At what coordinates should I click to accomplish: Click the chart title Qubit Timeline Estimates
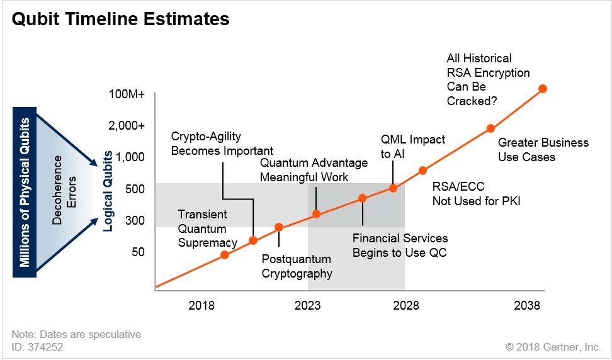120,20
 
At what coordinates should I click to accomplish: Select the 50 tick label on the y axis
137,252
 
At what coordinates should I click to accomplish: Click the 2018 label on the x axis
201,306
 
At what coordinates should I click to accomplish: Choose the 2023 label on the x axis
308,306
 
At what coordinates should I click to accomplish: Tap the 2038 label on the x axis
526,306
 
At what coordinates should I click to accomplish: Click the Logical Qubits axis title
108,191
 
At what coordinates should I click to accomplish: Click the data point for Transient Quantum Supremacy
225,255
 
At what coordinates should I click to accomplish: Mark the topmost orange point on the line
543,89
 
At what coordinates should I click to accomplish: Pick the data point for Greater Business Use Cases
490,128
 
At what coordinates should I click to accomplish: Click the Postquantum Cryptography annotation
297,266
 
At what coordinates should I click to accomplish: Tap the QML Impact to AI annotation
413,145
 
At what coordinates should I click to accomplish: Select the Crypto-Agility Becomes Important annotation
222,143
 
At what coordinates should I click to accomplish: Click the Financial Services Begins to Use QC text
400,245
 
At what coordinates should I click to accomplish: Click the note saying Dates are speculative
76,334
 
